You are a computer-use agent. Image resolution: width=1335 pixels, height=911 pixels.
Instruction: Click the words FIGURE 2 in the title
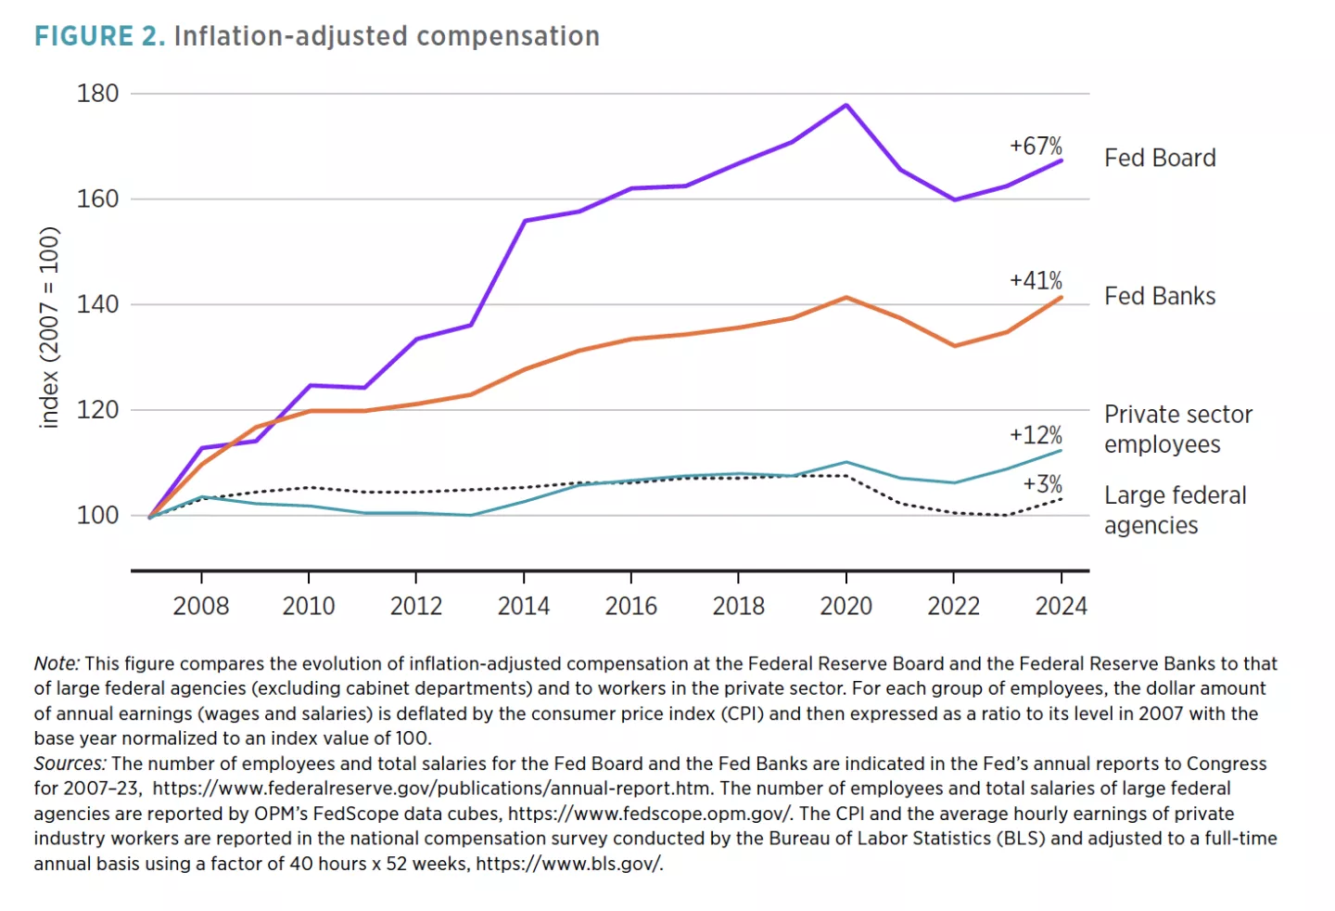pos(99,36)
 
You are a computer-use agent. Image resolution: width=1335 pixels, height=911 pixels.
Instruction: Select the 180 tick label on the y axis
pos(97,94)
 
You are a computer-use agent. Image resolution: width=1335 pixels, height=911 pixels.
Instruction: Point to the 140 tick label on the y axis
pos(97,304)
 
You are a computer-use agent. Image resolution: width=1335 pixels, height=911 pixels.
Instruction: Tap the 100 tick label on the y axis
pos(97,515)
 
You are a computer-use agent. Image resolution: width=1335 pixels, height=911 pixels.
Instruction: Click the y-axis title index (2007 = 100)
pos(49,327)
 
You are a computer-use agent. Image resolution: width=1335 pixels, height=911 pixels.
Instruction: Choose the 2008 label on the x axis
pos(200,606)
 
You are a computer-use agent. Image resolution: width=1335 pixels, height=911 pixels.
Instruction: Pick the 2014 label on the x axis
pos(523,606)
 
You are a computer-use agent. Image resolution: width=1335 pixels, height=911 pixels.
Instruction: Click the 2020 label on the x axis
pos(845,606)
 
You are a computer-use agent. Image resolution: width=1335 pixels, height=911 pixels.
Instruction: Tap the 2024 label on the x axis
pos(1061,606)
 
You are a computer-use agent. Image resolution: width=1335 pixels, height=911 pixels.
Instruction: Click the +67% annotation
pos(1036,146)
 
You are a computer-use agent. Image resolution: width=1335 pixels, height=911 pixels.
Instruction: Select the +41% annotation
pos(1036,280)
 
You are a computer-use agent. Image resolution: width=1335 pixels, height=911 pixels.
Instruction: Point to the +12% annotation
pos(1036,435)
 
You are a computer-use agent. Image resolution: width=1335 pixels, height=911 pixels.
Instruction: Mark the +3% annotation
pos(1042,484)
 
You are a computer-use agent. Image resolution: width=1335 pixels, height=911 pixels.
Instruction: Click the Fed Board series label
pos(1160,158)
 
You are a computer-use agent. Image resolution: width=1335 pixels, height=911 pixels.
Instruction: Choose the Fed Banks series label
pos(1160,296)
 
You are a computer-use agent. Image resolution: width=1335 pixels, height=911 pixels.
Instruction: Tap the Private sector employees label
pos(1177,429)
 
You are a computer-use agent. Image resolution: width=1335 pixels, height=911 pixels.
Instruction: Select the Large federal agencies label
pos(1175,509)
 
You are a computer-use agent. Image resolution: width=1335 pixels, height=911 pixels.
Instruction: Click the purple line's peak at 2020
pos(845,105)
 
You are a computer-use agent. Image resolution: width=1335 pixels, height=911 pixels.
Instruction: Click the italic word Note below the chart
pos(56,663)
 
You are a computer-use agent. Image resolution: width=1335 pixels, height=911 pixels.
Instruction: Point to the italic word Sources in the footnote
pos(69,763)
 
